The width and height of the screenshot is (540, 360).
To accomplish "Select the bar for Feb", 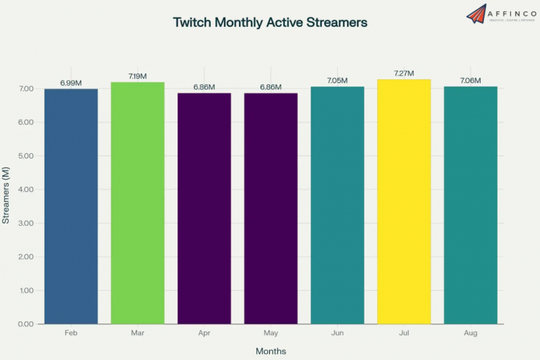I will pos(71,206).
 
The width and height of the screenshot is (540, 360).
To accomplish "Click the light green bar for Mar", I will pos(138,203).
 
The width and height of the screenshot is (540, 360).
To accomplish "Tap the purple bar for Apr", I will pos(204,208).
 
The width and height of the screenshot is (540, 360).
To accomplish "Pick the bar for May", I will pos(271,208).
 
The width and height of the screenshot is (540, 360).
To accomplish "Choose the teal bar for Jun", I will pos(337,205).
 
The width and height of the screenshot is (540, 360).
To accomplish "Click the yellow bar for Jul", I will pos(404,201).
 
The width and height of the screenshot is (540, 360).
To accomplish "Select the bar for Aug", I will pos(470,205).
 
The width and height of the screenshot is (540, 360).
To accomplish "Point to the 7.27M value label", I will pos(404,73).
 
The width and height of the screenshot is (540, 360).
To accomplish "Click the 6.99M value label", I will pos(71,82).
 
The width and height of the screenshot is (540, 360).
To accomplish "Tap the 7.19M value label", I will pos(138,76).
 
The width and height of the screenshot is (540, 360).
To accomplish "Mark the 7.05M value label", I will pos(337,80).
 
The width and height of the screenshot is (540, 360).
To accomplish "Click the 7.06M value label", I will pos(470,80).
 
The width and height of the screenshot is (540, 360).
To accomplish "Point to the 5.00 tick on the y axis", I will pos(26,156).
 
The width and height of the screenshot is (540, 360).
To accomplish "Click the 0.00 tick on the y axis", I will pos(26,324).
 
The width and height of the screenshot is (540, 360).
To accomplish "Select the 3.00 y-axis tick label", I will pos(26,224).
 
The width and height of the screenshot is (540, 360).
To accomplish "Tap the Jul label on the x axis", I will pos(404,334).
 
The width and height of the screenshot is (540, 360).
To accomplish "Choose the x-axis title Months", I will pos(271,351).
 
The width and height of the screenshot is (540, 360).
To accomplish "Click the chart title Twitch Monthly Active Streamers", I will pos(270,22).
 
